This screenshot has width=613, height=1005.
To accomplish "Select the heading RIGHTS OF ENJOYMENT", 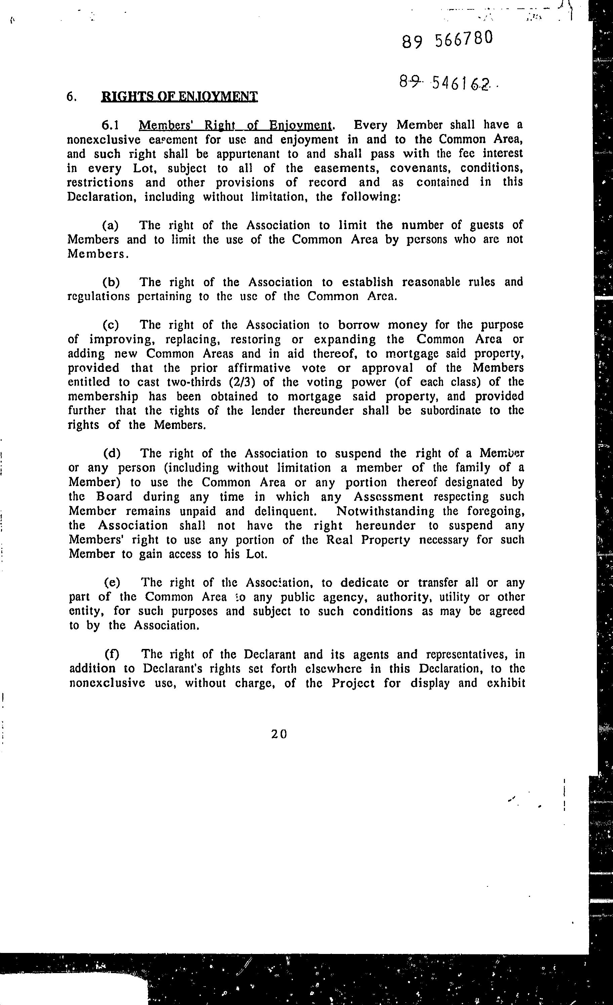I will click(179, 97).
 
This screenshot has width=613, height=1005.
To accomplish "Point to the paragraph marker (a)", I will click(110, 225).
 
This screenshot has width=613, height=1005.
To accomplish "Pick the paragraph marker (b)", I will click(111, 282).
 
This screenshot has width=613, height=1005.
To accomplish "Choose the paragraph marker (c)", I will click(111, 325).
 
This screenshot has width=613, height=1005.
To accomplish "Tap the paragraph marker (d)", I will click(112, 453).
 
